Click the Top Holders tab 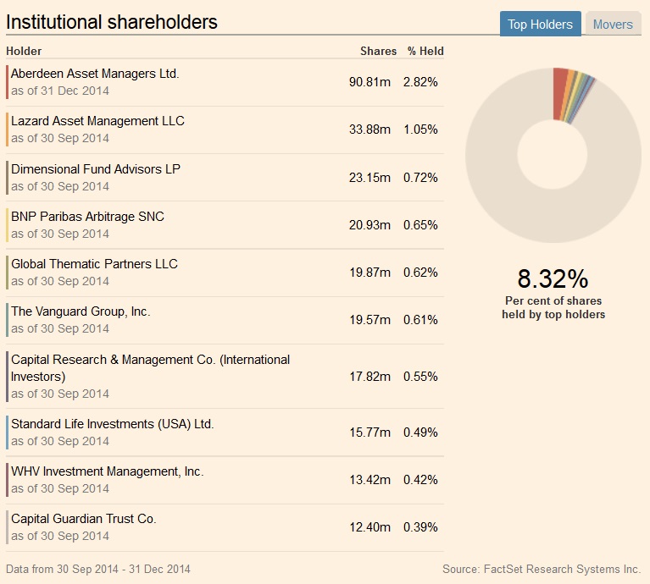[540, 24]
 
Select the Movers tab [613, 24]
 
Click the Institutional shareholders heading [112, 22]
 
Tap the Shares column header [378, 51]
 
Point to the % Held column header [425, 51]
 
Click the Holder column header [24, 51]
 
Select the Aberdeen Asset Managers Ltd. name [95, 74]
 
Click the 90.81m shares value [369, 82]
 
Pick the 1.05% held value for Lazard [420, 129]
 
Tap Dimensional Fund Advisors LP [96, 168]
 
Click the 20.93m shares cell [369, 224]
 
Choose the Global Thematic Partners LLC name [94, 263]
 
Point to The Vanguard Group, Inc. [81, 311]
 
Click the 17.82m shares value [369, 376]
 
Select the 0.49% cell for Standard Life [420, 432]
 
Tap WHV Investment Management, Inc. [107, 471]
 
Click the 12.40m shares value [369, 526]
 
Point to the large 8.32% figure [553, 278]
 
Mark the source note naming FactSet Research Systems [541, 569]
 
